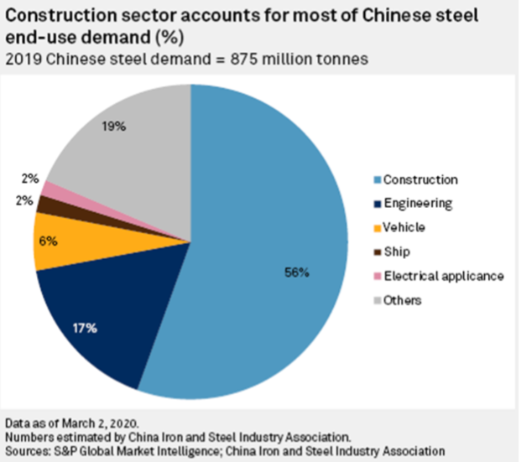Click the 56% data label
[x=295, y=273]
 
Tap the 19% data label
[x=114, y=127]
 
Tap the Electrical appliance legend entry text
[x=442, y=275]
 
